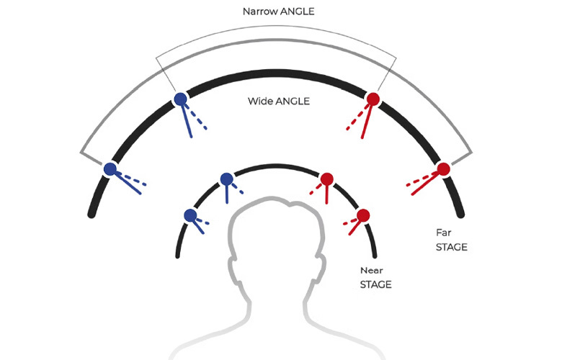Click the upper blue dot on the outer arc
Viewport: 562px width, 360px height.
[x=180, y=99]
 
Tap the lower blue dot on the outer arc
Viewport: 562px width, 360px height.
[x=110, y=168]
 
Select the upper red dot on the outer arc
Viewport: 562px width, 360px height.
[x=373, y=99]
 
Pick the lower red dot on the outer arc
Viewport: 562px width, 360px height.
[x=443, y=168]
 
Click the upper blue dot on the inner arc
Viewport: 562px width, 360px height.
[x=226, y=179]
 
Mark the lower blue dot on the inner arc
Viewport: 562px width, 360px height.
[x=190, y=216]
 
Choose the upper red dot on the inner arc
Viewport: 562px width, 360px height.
[x=327, y=179]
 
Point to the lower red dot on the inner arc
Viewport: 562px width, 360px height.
[x=363, y=216]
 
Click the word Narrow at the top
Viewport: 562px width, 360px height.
[x=260, y=12]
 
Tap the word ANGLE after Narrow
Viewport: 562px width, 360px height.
[x=297, y=12]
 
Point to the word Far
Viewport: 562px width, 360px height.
[x=443, y=233]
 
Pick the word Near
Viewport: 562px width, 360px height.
[x=372, y=271]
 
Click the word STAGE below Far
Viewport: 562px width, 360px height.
[x=452, y=247]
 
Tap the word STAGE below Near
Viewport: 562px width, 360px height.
[x=375, y=285]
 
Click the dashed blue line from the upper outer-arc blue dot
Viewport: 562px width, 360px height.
[x=196, y=116]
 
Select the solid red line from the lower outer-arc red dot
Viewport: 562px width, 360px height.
[x=425, y=184]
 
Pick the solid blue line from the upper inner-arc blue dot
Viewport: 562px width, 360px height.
[x=227, y=194]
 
